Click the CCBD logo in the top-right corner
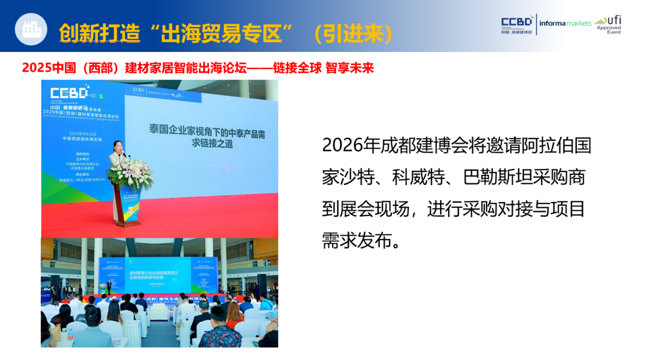click(517, 24)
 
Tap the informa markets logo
click(564, 23)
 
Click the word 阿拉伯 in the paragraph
click(537, 145)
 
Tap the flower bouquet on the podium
click(130, 173)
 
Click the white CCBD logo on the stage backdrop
click(69, 93)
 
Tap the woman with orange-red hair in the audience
click(234, 313)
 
